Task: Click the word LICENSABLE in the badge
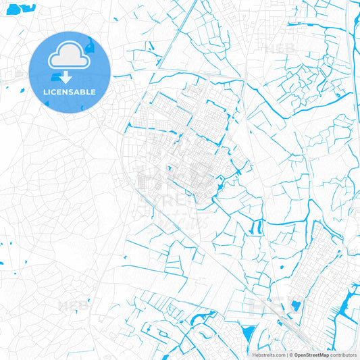pos(70,92)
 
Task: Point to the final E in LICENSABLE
pos(93,92)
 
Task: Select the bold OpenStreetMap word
pos(311,354)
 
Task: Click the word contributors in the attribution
pos(343,354)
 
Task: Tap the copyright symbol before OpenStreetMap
pos(290,354)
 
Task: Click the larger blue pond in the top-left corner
pos(26,9)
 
